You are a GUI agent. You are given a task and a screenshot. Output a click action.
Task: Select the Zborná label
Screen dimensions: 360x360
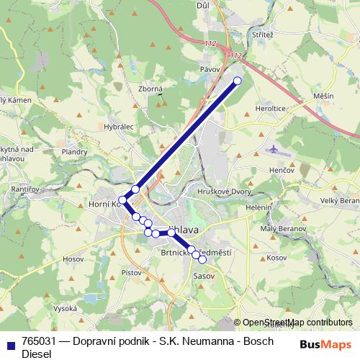(150, 89)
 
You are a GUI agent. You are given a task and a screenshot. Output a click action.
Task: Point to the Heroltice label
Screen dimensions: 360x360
(269, 108)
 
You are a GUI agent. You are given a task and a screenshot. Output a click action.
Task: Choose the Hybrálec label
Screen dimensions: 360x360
(119, 125)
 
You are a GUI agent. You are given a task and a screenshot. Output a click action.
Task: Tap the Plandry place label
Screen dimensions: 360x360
(74, 152)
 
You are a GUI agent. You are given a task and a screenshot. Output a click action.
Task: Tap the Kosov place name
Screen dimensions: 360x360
(276, 257)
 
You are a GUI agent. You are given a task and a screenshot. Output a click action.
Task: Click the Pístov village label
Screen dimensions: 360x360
(132, 273)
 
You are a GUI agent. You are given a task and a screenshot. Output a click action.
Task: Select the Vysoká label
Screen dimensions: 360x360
(65, 307)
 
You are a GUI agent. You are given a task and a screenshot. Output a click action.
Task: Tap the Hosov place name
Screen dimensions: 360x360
(74, 258)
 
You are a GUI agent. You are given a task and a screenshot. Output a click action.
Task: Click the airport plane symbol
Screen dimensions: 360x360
(274, 149)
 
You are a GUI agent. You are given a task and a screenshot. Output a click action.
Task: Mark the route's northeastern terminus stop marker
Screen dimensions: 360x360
(238, 81)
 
